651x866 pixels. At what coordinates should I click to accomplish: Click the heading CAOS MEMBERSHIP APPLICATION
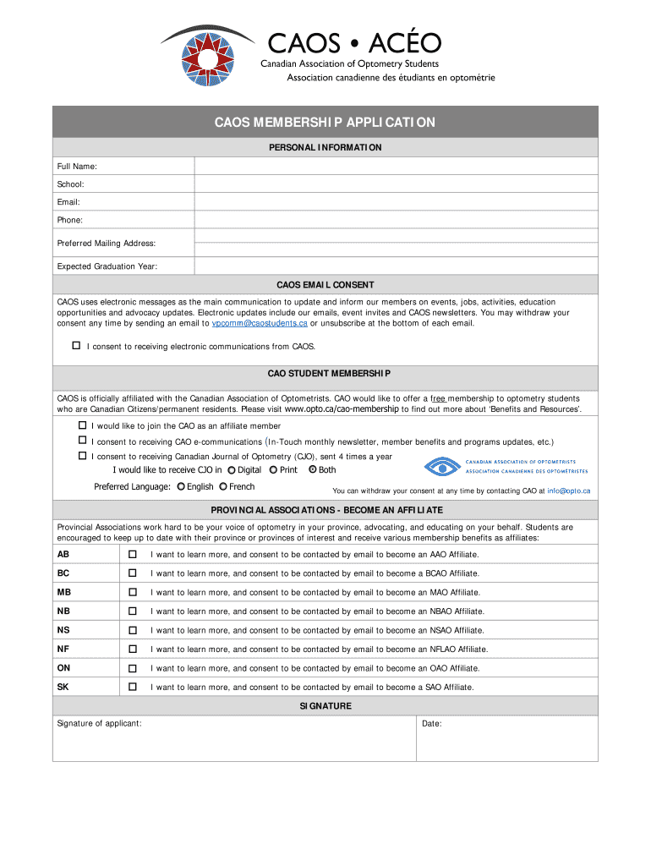[x=325, y=123]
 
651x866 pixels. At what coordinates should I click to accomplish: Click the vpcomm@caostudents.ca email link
[x=260, y=323]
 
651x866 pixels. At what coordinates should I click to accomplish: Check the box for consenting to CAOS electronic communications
[x=76, y=346]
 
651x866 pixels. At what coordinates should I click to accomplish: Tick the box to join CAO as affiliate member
[x=82, y=425]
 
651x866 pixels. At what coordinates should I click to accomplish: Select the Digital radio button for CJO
[x=232, y=470]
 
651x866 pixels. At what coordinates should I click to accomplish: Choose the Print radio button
[x=273, y=470]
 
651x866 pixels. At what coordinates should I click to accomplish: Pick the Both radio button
[x=312, y=470]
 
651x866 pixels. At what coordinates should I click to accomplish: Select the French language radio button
[x=223, y=487]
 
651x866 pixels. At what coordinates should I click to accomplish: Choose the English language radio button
[x=181, y=487]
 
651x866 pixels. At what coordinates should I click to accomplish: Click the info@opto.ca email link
[x=568, y=491]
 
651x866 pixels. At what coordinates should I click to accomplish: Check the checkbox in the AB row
[x=132, y=555]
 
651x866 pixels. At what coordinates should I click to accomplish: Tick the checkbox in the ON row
[x=132, y=668]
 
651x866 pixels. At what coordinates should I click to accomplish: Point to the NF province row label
[x=63, y=649]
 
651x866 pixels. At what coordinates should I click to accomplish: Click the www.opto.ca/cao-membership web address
[x=342, y=409]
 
